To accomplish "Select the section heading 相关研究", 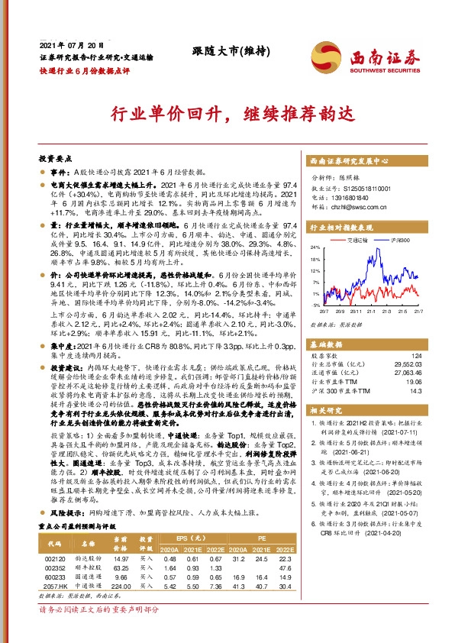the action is click(327, 411).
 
